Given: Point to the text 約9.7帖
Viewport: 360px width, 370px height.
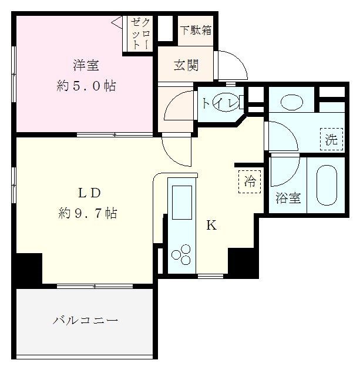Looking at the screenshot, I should tap(87, 213).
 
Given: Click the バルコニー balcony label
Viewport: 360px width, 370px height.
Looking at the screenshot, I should tap(86, 321).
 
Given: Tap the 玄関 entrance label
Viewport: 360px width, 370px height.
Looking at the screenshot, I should tap(186, 65).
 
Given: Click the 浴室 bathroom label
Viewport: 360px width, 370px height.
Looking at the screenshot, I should tap(288, 199).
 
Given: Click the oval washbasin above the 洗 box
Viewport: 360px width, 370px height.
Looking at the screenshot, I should tap(292, 102).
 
